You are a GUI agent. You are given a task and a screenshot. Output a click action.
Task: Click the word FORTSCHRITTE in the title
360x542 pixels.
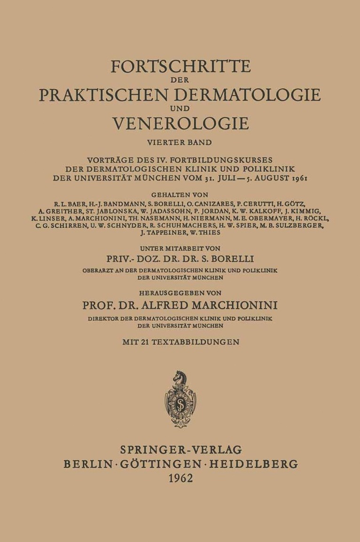click(x=180, y=67)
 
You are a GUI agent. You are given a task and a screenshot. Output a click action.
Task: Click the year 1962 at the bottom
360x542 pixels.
click(x=180, y=479)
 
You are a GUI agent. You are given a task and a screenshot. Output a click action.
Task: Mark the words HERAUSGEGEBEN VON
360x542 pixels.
click(x=180, y=293)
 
